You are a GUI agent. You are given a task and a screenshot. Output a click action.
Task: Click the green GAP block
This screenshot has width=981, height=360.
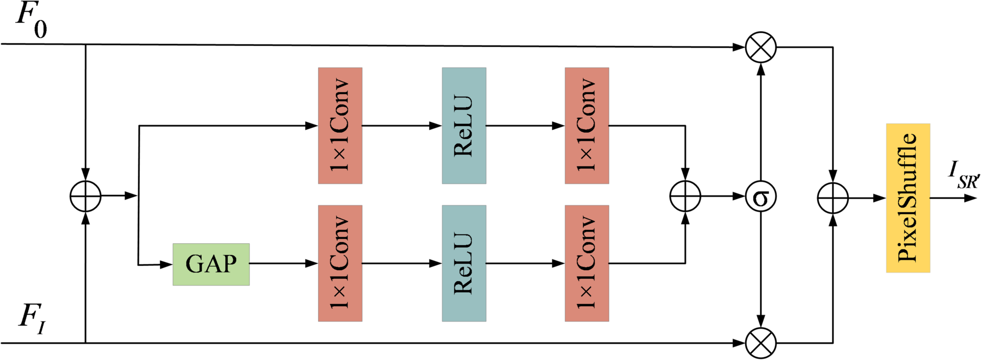tap(211, 264)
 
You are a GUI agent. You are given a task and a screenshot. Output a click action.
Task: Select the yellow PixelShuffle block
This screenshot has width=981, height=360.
tap(908, 198)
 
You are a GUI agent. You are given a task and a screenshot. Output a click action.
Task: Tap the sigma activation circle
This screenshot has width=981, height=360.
tap(761, 197)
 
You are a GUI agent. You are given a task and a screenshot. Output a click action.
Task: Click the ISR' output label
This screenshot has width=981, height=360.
tap(962, 175)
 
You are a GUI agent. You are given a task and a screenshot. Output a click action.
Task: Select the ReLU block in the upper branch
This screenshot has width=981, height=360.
tap(464, 126)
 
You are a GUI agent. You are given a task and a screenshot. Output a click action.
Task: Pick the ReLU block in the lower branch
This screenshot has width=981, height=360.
tap(464, 263)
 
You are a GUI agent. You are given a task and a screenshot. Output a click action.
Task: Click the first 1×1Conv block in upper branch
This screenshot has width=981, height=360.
tap(340, 126)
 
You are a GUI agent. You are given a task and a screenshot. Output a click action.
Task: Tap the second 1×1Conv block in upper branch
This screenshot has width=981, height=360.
tap(587, 126)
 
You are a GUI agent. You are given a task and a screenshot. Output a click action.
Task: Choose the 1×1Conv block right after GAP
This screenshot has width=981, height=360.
tap(340, 263)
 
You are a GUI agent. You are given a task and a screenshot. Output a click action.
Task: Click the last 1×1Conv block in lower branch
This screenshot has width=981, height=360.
tap(587, 263)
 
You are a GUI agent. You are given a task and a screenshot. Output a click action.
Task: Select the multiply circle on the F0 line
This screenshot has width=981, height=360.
tap(761, 47)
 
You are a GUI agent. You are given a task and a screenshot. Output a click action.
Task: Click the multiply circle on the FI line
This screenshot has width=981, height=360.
tap(761, 343)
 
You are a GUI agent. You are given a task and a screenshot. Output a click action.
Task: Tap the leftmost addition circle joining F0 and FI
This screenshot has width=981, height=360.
tap(85, 196)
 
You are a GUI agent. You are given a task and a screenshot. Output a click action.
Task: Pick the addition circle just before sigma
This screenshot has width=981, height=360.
tap(685, 196)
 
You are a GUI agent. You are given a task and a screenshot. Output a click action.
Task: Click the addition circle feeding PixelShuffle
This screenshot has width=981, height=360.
tap(832, 198)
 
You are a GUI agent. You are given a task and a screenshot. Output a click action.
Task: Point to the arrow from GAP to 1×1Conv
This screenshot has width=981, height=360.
tap(283, 263)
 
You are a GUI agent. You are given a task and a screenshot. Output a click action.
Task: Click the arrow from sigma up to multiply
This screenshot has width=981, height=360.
tap(761, 122)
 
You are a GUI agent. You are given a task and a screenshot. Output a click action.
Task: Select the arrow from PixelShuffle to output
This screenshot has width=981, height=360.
tap(953, 198)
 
